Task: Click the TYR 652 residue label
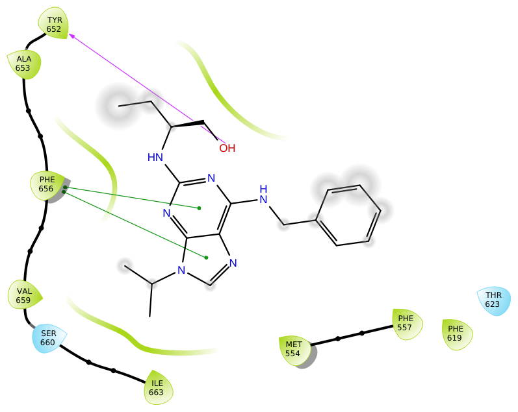(54, 24)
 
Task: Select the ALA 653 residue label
(23, 64)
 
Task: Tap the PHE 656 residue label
(46, 184)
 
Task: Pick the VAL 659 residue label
(24, 296)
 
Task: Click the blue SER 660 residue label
(47, 338)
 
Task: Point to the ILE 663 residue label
(157, 388)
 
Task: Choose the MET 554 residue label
(293, 349)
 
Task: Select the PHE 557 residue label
(406, 323)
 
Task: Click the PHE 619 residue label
(456, 333)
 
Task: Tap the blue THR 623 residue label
(493, 300)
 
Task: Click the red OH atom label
(227, 148)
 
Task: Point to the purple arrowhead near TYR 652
(72, 36)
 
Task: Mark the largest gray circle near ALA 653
(118, 106)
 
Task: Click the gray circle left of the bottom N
(125, 266)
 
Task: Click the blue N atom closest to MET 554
(233, 263)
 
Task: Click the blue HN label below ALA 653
(155, 157)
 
